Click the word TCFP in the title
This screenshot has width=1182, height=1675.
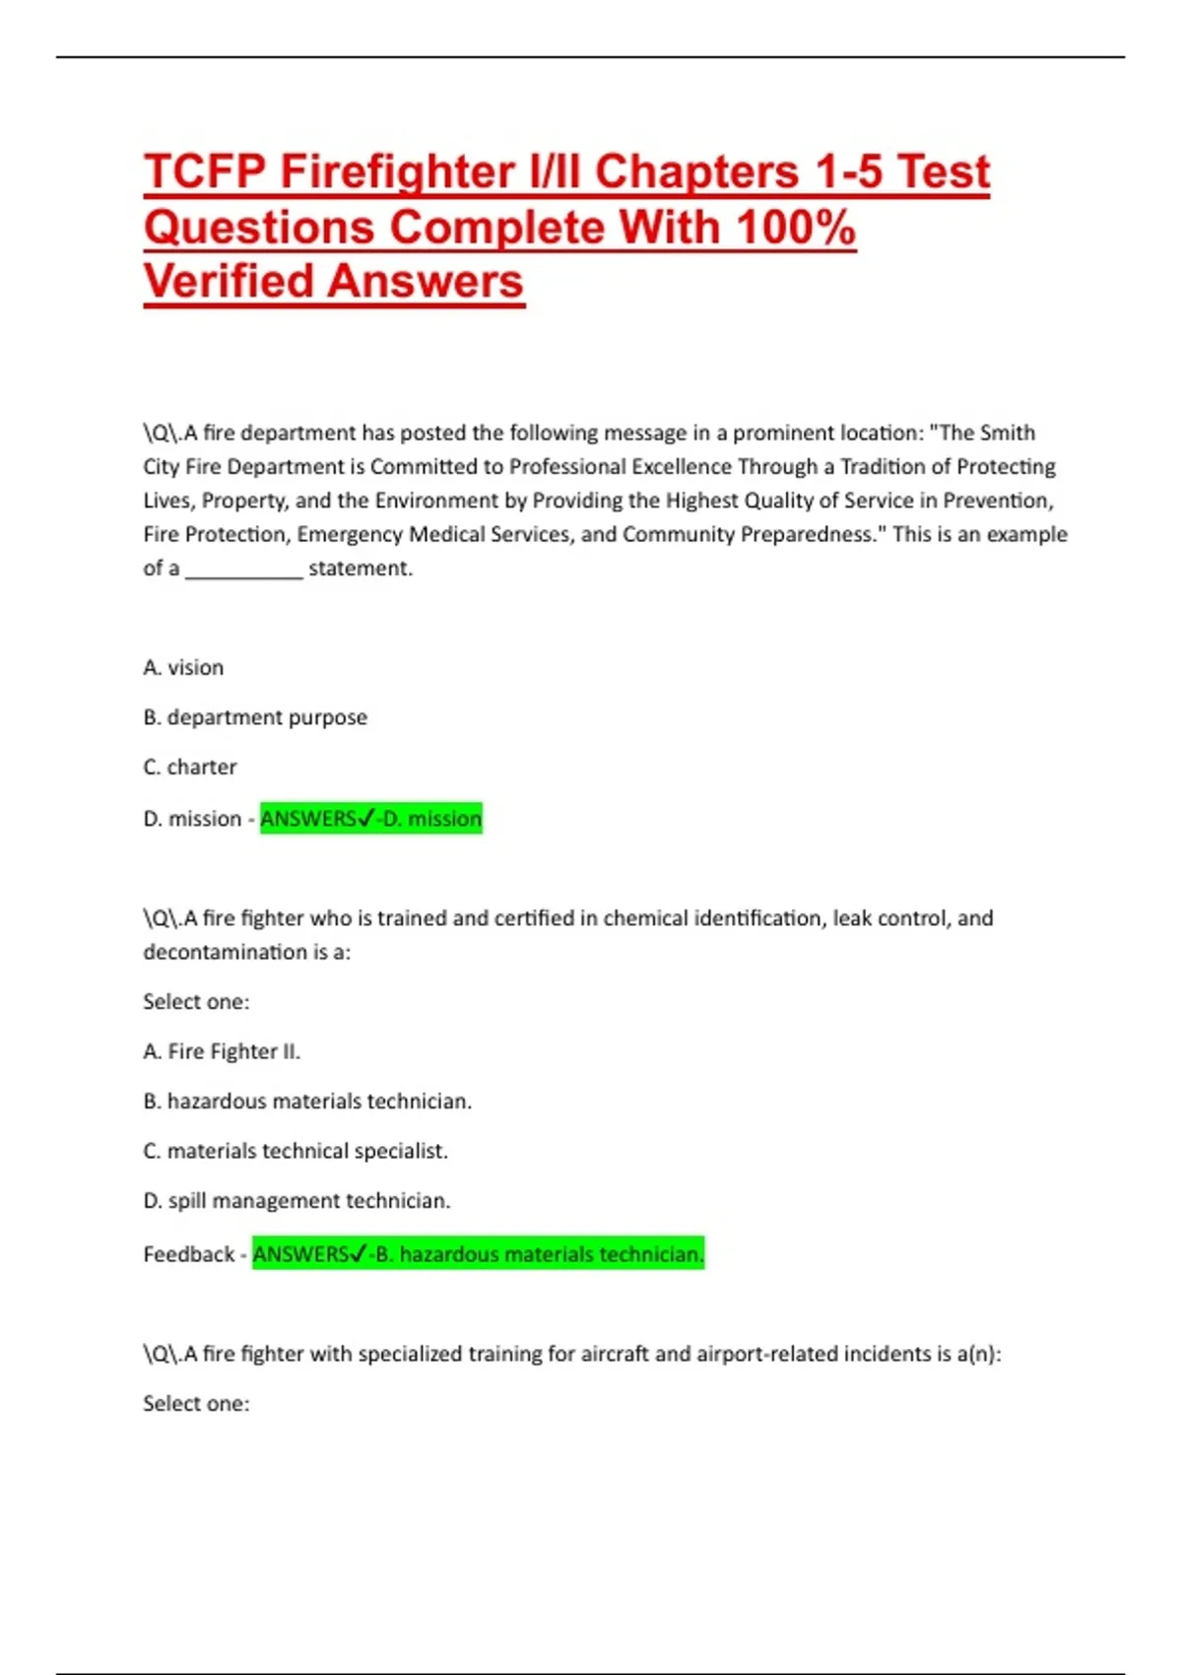point(205,171)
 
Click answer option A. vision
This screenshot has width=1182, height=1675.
point(183,668)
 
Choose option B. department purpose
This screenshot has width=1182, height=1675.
point(255,717)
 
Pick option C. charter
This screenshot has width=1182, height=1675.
point(190,767)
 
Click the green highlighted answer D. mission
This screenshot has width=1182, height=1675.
point(371,819)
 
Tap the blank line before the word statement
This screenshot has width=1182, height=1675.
point(243,569)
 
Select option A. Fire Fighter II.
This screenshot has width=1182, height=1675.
point(222,1051)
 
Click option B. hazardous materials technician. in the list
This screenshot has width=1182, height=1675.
point(307,1102)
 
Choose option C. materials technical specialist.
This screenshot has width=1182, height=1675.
point(295,1151)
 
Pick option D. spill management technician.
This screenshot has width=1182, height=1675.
point(296,1201)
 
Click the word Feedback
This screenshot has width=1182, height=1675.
point(188,1254)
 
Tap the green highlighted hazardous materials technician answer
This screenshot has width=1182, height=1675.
point(479,1254)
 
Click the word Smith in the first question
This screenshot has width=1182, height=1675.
point(1008,434)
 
